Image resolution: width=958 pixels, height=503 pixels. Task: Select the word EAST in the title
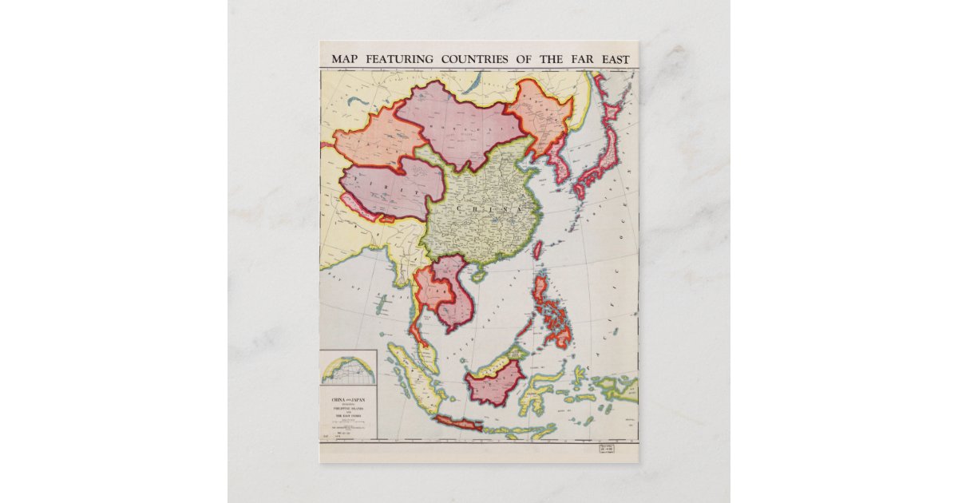[x=612, y=60]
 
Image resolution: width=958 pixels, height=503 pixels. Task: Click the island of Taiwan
[x=537, y=250]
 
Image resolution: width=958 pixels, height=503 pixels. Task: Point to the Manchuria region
[x=539, y=116]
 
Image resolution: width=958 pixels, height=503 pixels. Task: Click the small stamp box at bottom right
[x=607, y=450]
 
